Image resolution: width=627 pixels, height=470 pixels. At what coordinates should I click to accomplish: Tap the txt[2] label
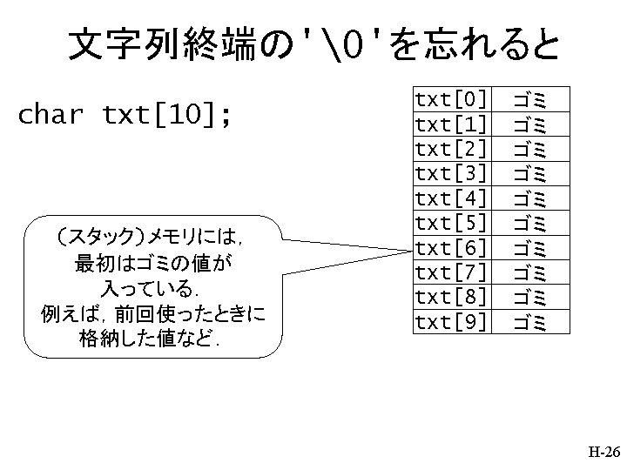tap(451, 147)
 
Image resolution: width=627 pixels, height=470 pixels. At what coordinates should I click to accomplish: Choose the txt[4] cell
tap(451, 197)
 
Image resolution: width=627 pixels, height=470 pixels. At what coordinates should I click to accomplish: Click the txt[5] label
tap(451, 222)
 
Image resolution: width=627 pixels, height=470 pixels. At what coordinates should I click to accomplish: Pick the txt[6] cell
tap(451, 247)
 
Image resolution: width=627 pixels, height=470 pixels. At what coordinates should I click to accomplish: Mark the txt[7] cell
tap(451, 272)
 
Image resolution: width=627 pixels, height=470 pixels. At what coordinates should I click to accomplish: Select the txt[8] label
tap(451, 297)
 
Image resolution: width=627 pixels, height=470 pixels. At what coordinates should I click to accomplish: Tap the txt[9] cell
tap(451, 322)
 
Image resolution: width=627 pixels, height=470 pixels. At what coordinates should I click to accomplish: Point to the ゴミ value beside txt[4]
tap(529, 197)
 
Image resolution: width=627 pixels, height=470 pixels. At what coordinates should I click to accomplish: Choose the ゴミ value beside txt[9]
tap(529, 322)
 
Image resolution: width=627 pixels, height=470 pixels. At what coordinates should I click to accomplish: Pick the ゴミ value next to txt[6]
tap(529, 247)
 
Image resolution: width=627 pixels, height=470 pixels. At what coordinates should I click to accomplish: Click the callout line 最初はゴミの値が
tap(152, 262)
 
